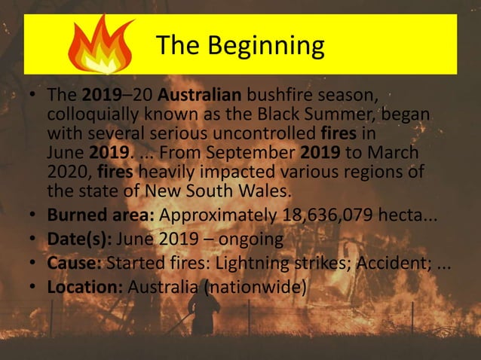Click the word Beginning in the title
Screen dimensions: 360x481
pos(266,46)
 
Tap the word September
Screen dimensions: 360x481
pos(248,153)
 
